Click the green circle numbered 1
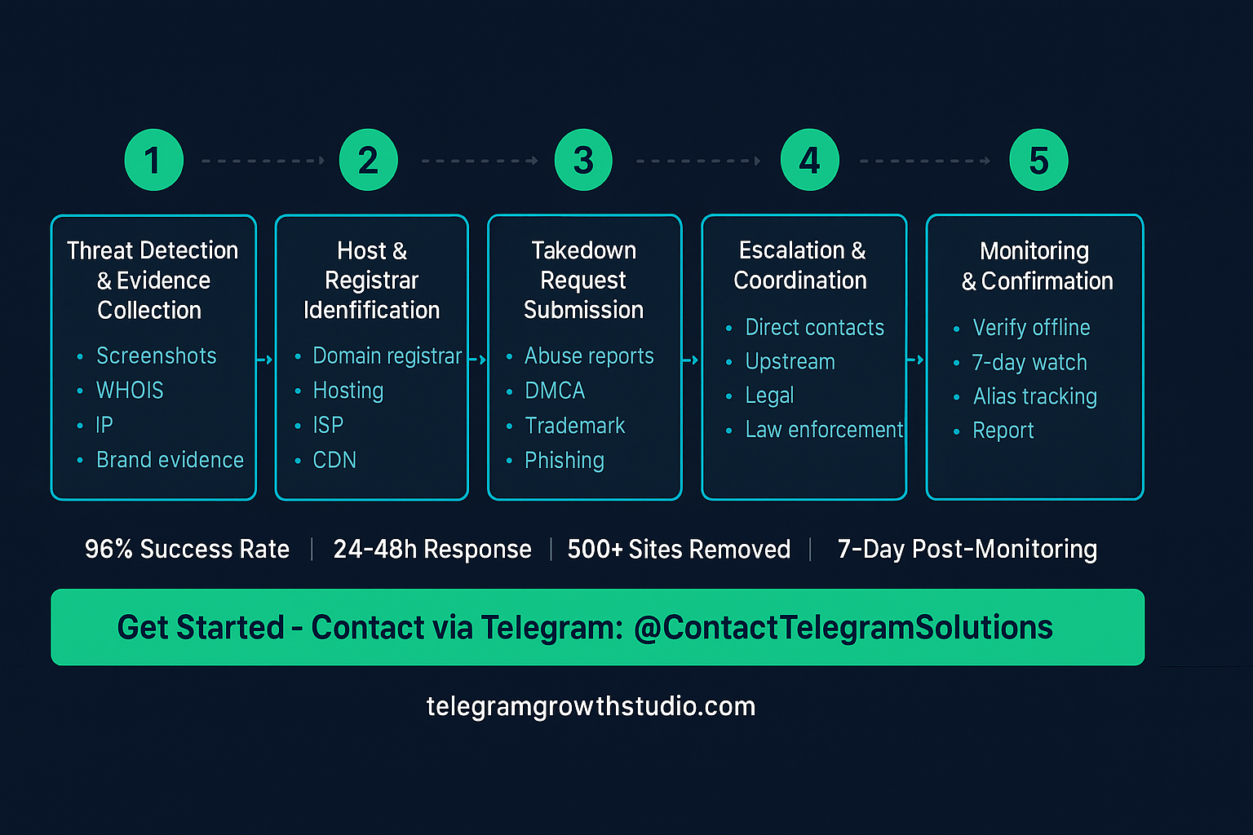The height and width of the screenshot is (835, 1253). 153,160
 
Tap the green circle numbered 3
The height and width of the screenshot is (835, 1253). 583,160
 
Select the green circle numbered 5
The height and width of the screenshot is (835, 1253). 1038,160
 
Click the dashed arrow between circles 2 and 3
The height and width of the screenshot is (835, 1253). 480,161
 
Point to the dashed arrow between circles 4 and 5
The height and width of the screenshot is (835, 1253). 925,161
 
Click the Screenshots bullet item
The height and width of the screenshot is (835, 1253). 156,356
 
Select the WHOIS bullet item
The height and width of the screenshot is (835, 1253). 130,391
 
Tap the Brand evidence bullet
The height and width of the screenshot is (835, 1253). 170,460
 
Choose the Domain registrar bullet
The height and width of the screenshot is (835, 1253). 387,356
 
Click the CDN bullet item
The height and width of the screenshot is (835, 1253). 334,460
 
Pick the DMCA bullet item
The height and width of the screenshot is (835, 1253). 555,391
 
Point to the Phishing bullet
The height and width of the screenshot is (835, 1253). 564,460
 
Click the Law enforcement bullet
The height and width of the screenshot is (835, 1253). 824,430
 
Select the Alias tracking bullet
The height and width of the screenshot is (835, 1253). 1034,396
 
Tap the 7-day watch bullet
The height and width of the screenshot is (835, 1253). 1029,362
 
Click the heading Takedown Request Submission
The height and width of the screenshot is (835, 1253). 583,280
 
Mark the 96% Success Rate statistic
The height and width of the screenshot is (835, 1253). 187,549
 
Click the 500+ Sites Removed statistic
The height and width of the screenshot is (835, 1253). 679,549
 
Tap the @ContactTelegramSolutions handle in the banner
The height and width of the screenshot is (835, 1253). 843,628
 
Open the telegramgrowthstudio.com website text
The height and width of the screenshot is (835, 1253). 591,706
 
